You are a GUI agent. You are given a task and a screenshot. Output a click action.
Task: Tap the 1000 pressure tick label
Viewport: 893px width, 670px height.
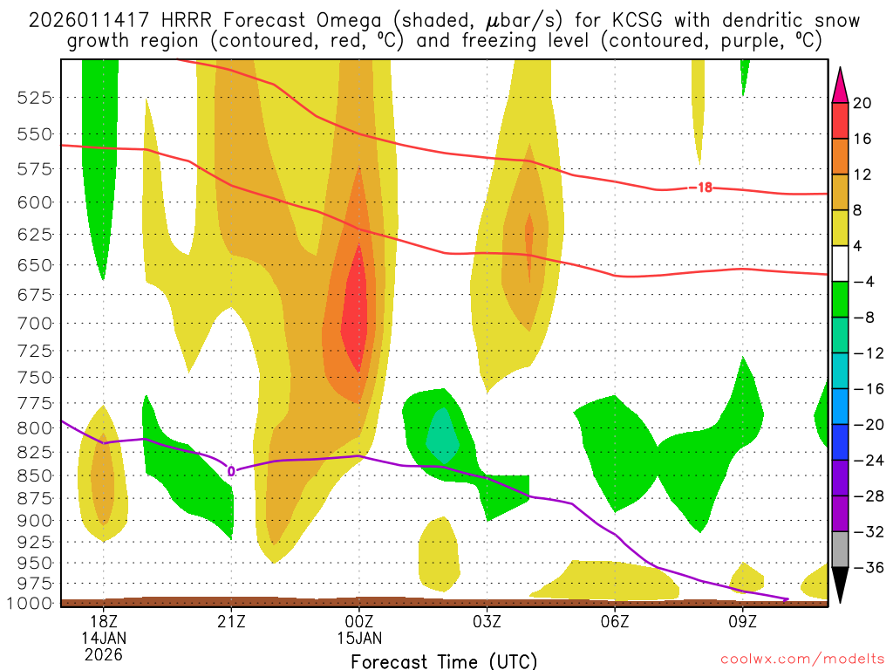click(x=31, y=603)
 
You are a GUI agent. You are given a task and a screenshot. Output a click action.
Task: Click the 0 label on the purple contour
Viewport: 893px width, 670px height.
click(x=231, y=471)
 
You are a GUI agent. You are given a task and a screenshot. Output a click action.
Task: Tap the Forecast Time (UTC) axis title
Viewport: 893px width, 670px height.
click(x=444, y=661)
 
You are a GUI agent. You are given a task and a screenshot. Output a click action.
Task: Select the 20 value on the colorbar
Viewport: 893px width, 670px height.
click(x=862, y=103)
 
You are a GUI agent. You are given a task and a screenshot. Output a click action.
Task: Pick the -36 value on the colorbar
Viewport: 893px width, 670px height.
click(x=862, y=567)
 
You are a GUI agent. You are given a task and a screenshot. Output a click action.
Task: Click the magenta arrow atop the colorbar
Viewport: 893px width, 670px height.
click(x=840, y=84)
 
